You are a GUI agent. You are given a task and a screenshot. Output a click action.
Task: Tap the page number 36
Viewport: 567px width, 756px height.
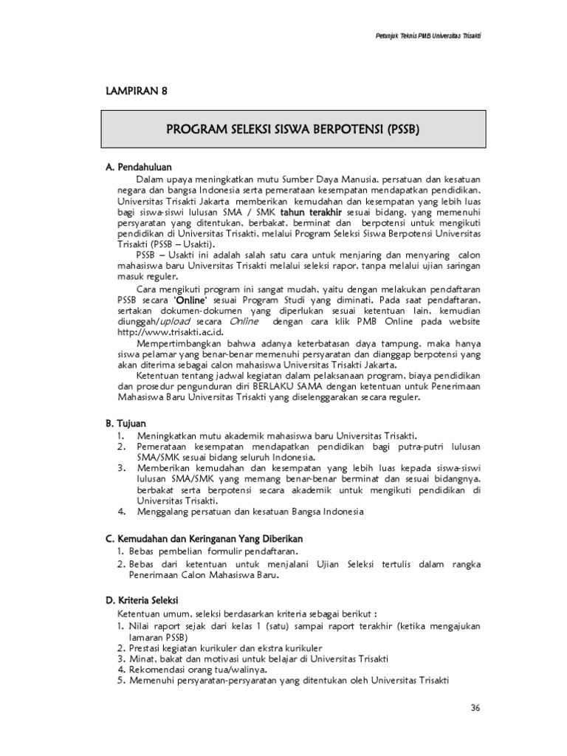[x=475, y=707]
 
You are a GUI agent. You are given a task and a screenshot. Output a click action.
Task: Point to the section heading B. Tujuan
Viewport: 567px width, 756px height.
[x=126, y=423]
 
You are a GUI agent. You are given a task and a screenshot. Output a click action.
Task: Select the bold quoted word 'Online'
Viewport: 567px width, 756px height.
[x=189, y=301]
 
